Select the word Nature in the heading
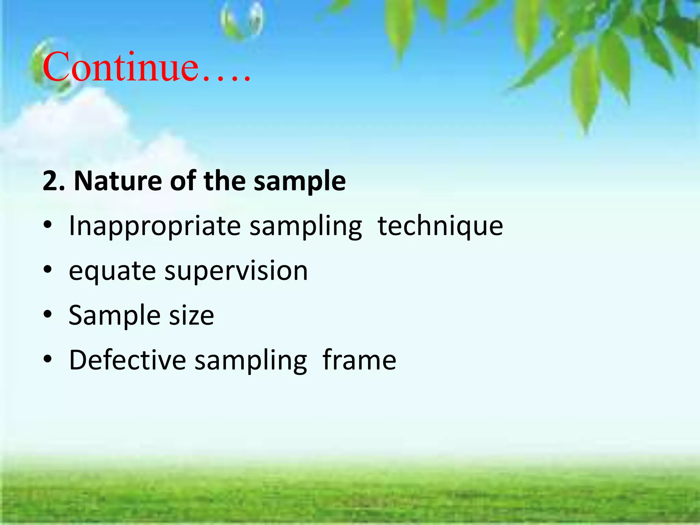[x=118, y=181]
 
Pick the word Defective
[x=127, y=360]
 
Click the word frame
[x=359, y=360]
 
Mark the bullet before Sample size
[x=48, y=314]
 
